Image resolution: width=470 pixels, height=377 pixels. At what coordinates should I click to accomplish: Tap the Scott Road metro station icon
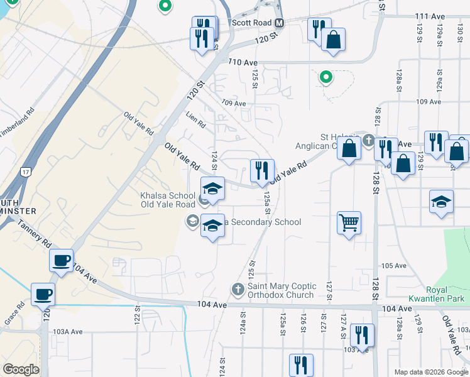coord(280,23)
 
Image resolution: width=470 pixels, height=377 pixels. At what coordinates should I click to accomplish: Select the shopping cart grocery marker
coord(349,222)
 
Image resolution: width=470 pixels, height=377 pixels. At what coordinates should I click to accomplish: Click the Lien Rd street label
coord(196,119)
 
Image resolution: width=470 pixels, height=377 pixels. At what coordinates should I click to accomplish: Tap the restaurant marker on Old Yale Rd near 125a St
coord(262,170)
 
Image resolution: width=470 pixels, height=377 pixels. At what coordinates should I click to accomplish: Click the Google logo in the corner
coord(21,369)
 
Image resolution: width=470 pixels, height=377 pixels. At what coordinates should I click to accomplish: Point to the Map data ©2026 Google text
coord(432,372)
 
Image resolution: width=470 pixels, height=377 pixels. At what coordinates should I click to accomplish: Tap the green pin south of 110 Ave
coord(325,77)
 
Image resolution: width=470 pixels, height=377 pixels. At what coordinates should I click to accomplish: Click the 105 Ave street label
coord(394,266)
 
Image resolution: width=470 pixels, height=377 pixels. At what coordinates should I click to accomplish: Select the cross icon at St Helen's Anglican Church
coord(369,139)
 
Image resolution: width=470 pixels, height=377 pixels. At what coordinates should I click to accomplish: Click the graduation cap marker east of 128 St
coord(442,202)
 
